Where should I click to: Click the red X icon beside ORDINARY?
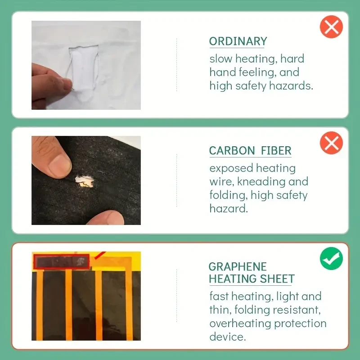331,27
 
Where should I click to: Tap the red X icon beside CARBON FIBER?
331,143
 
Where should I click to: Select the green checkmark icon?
331,258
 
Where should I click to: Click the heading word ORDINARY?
238,41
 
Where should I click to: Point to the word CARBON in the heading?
232,151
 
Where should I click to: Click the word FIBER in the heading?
276,151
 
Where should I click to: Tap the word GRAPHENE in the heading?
238,267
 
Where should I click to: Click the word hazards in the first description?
291,85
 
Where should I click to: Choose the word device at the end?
227,337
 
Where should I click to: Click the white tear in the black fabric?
85,181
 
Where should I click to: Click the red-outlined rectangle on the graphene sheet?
62,261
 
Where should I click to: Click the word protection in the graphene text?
300,324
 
